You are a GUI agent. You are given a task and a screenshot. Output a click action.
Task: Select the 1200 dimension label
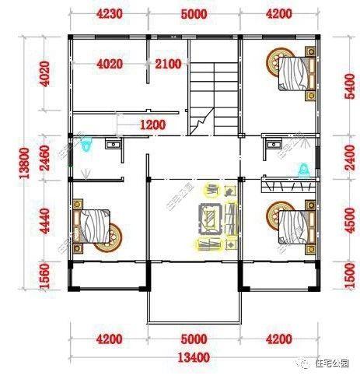(152, 125)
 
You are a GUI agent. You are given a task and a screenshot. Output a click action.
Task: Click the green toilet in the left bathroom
(86, 145)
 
